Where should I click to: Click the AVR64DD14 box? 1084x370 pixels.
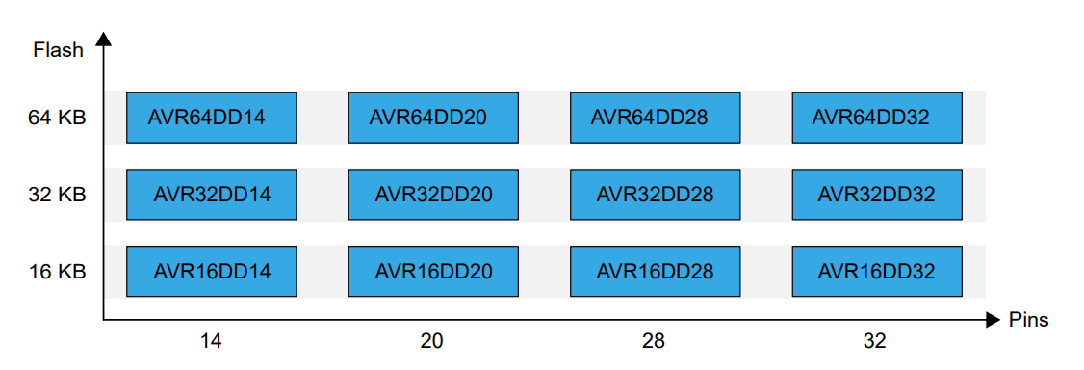[211, 118]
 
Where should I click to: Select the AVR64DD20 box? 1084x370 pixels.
[432, 118]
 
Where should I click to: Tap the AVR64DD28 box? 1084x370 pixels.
[655, 118]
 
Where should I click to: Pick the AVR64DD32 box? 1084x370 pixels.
[876, 118]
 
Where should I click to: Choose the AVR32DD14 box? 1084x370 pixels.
[211, 195]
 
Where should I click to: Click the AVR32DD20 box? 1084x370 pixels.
[432, 195]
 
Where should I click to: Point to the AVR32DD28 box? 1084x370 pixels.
[655, 195]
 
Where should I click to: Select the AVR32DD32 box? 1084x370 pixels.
[876, 195]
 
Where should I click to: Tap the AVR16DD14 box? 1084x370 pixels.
[211, 272]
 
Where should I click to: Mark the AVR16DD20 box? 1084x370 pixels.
[432, 272]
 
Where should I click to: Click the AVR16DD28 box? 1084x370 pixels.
[655, 272]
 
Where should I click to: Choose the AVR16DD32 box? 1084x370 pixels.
[876, 272]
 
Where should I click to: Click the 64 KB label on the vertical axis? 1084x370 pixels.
[58, 118]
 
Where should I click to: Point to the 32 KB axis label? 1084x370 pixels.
[58, 195]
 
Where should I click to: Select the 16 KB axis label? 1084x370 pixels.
[58, 272]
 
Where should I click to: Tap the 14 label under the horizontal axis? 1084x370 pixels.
[211, 341]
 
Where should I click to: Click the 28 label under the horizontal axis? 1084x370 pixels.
[655, 341]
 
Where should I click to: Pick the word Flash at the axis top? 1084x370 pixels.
[59, 50]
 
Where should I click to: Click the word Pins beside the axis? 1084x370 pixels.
[1029, 320]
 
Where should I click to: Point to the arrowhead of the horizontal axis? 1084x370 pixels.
[994, 319]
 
